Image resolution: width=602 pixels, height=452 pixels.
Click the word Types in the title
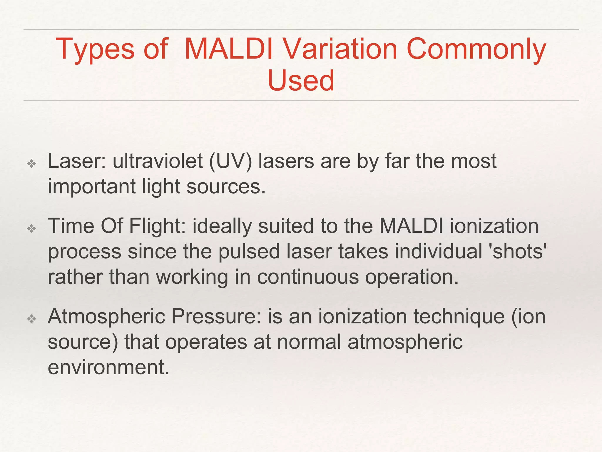pos(95,49)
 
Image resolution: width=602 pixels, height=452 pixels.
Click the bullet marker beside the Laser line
pos(31,164)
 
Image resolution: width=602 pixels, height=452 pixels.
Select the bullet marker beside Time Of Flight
pos(31,228)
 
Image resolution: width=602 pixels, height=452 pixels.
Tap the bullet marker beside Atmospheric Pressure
pos(31,319)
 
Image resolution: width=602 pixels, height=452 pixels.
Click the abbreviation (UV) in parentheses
pos(230,162)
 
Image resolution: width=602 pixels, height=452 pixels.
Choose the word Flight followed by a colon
pos(157,226)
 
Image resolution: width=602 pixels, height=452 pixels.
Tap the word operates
pos(206,342)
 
